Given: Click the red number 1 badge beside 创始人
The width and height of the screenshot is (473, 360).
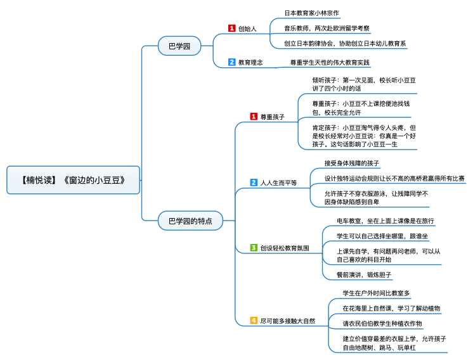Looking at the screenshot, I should (232, 29).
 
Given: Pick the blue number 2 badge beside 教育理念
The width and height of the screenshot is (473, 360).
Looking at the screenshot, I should (232, 62).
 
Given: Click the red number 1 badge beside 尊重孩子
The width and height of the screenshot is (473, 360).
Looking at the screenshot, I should (254, 117).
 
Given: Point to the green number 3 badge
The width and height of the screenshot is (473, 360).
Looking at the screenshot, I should (254, 248).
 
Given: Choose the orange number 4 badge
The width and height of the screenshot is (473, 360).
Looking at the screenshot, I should (254, 321).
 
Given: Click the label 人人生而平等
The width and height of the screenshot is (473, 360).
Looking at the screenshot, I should (278, 183).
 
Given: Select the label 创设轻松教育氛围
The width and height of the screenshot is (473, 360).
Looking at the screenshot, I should (285, 248).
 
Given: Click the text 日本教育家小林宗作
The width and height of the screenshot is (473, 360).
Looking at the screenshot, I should (311, 13).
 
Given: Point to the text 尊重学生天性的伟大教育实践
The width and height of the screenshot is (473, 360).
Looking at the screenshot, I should (329, 62).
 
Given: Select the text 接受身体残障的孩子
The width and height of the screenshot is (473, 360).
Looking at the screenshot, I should (352, 164).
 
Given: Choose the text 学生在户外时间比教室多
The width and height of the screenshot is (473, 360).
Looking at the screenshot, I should (376, 293).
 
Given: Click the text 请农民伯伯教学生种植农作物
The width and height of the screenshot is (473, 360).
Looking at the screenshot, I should (382, 323).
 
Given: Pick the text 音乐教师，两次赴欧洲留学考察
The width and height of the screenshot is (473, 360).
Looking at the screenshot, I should (327, 29).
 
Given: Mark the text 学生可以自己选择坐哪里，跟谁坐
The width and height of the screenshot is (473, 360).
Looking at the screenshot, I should (382, 236).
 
